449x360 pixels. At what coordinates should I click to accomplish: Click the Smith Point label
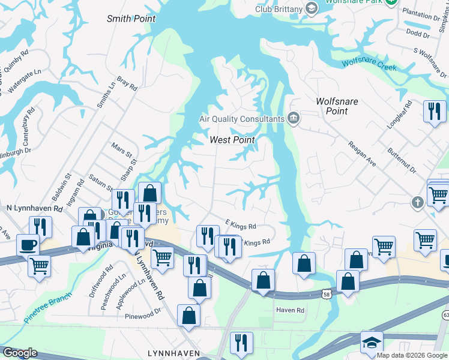pyautogui.click(x=131, y=19)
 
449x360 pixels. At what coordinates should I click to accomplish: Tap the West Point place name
pyautogui.click(x=232, y=140)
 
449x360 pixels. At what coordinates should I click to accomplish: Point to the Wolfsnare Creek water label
pyautogui.click(x=369, y=64)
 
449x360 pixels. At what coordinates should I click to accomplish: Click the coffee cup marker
pyautogui.click(x=28, y=245)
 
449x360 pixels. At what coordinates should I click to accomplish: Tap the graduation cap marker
pyautogui.click(x=372, y=343)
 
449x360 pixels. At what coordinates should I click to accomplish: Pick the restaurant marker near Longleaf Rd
pyautogui.click(x=434, y=112)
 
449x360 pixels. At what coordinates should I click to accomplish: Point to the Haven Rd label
pyautogui.click(x=291, y=310)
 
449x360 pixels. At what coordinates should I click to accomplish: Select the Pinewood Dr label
pyautogui.click(x=143, y=315)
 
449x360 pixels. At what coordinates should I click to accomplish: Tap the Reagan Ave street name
pyautogui.click(x=362, y=155)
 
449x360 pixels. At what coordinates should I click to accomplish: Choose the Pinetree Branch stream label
pyautogui.click(x=48, y=308)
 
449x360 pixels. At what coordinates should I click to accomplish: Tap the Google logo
pyautogui.click(x=20, y=352)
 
